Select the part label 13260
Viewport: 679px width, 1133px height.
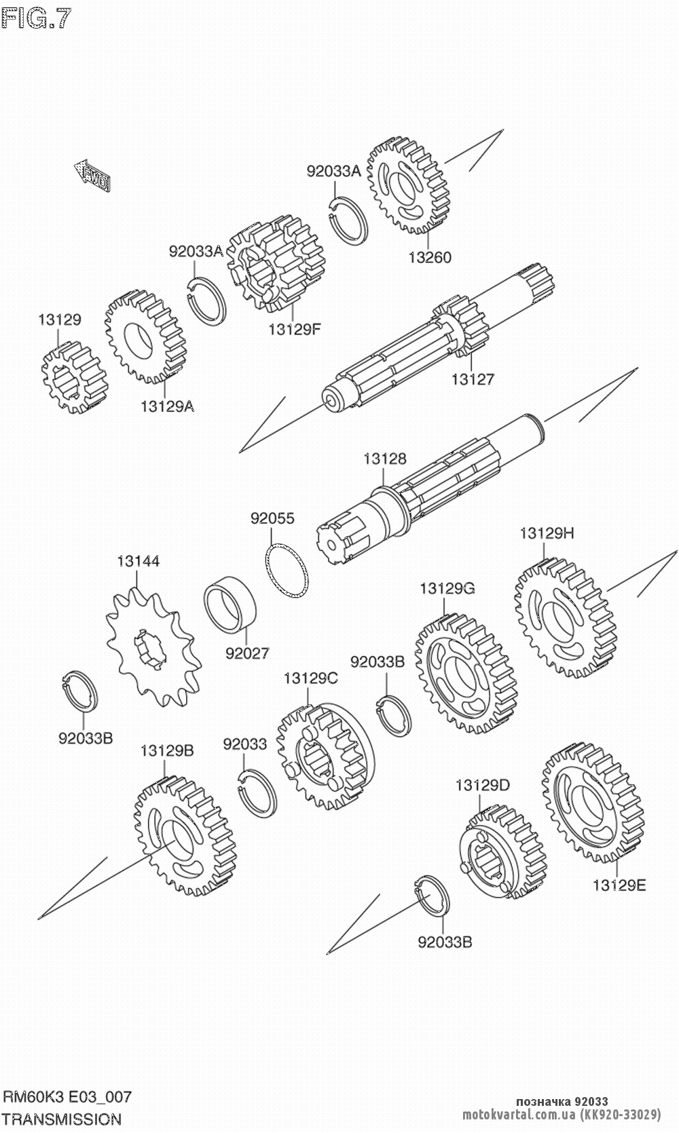429,257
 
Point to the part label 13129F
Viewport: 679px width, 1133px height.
293,330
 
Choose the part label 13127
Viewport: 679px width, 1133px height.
473,379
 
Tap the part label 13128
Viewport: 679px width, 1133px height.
384,459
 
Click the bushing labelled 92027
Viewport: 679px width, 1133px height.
231,604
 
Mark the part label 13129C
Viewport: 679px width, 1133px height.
310,678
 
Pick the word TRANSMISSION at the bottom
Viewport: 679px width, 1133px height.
62,1119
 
